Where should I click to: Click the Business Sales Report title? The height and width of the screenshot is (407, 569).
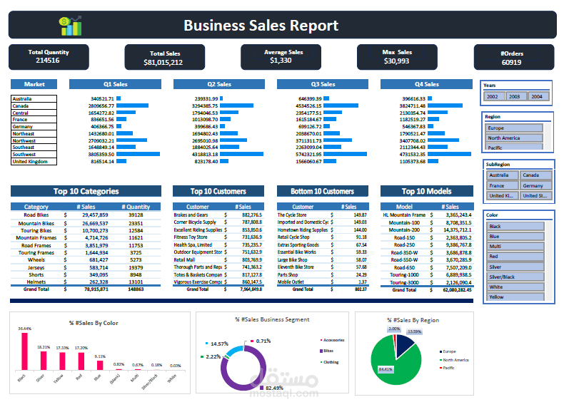click(261, 26)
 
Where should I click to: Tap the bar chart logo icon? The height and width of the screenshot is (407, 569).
click(71, 26)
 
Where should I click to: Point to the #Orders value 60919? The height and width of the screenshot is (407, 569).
click(511, 63)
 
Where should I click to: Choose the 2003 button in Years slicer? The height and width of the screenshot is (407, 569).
click(515, 96)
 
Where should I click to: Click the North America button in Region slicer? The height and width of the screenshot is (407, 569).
click(514, 138)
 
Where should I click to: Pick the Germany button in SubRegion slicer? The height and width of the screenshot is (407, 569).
click(535, 185)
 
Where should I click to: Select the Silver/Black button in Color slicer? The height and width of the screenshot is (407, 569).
click(514, 277)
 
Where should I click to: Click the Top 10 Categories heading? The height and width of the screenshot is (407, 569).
click(86, 191)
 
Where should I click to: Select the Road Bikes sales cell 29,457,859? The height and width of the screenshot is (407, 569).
click(95, 215)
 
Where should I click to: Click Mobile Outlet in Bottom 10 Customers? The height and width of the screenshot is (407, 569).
click(291, 282)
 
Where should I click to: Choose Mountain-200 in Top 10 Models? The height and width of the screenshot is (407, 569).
click(404, 230)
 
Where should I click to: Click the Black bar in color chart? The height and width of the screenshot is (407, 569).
click(24, 351)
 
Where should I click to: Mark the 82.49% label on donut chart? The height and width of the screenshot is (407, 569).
click(275, 387)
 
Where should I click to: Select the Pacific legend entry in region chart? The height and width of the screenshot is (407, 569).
click(449, 368)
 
